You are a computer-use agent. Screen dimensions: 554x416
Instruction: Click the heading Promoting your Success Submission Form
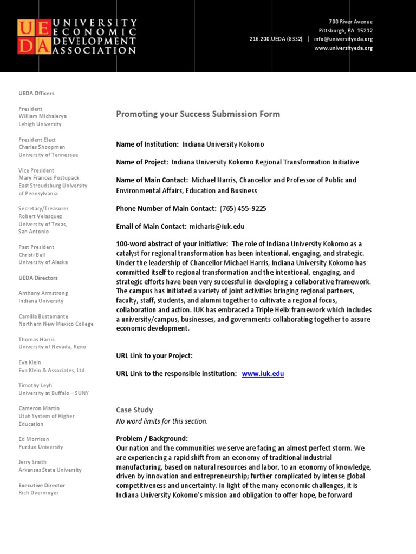[198, 114]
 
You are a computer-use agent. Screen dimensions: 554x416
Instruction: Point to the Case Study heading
[134, 410]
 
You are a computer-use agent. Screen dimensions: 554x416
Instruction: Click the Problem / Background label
[152, 438]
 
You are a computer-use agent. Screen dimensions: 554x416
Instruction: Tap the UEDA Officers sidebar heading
[36, 94]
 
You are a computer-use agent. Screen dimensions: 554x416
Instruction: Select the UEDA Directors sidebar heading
[38, 278]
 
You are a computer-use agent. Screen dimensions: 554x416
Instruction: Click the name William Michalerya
[43, 116]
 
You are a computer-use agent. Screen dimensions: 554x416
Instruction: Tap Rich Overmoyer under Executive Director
[38, 493]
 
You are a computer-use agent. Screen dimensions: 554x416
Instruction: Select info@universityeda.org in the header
[343, 39]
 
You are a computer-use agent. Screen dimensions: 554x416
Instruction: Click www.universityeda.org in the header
[343, 48]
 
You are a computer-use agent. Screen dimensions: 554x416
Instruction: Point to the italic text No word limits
[162, 421]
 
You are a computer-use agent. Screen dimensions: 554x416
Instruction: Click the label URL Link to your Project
[154, 356]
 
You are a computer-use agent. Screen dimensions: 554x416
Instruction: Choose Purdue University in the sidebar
[41, 447]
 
